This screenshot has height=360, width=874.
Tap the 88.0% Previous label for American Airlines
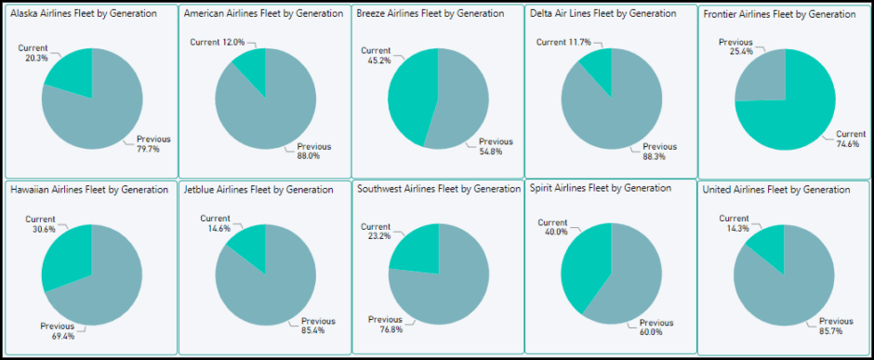point(313,151)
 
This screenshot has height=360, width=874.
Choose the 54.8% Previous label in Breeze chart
point(496,146)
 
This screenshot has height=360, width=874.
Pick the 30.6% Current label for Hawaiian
point(33,224)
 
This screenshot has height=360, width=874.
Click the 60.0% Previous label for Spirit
point(656,327)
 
